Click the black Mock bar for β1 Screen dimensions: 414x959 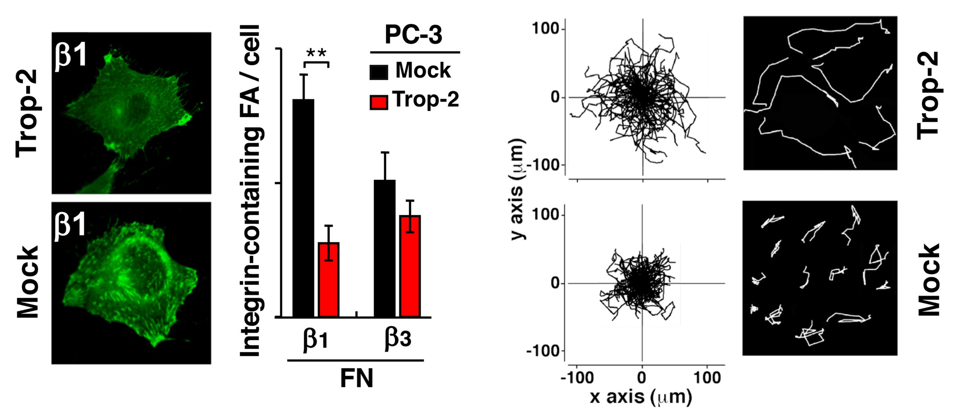[x=303, y=207]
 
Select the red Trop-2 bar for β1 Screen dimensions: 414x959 [x=329, y=279]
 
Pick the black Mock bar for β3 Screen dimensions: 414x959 [x=384, y=248]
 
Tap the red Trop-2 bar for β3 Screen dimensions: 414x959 [x=410, y=266]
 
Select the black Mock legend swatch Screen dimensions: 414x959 [x=379, y=72]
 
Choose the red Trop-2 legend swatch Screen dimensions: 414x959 [x=379, y=102]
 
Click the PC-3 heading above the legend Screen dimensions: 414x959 [x=413, y=35]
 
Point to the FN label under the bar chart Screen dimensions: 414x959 [x=356, y=379]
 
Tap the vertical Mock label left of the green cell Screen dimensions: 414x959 [x=28, y=282]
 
